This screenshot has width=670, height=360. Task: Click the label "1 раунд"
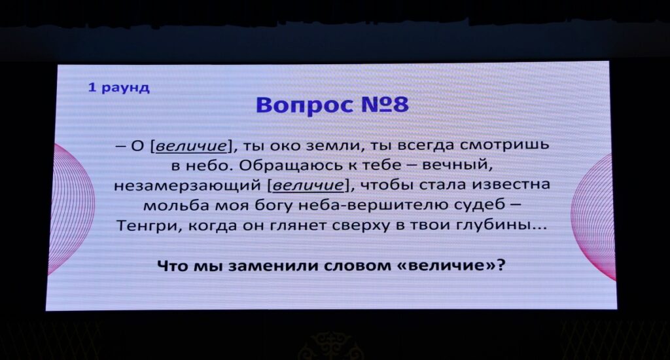[x=119, y=88]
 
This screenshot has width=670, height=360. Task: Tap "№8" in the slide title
[x=385, y=105]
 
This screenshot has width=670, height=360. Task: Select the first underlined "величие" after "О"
[x=191, y=146]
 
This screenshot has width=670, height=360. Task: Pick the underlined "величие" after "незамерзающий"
[x=308, y=185]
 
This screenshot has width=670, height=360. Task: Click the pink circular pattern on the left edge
[x=71, y=209]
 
